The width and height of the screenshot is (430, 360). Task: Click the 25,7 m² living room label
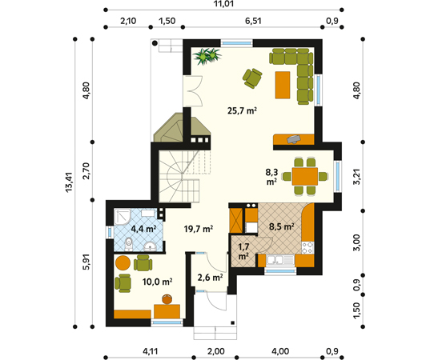point(242,111)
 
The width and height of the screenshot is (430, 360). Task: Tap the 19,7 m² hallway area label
point(199,229)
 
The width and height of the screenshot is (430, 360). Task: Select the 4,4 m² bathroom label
point(143,229)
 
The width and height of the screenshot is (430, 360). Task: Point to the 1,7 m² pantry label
point(243,251)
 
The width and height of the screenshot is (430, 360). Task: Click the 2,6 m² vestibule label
point(210,278)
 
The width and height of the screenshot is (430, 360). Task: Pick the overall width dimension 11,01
point(224,4)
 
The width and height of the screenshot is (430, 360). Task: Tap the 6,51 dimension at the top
point(253,21)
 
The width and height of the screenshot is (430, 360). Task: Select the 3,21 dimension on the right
point(356,177)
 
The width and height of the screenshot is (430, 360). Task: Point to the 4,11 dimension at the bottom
point(151,351)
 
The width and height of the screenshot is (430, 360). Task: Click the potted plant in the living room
point(207,56)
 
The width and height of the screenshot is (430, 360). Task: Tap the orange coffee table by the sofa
point(283,85)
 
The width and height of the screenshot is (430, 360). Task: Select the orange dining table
point(305,177)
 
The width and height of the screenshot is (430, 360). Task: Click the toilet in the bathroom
point(128,244)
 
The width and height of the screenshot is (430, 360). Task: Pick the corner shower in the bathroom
point(123,218)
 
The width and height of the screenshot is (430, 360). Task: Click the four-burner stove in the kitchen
point(307,248)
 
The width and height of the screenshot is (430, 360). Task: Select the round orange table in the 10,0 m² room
point(123,263)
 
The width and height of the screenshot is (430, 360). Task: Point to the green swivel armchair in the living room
point(252,78)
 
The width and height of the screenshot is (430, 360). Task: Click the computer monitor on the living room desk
point(293,138)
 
